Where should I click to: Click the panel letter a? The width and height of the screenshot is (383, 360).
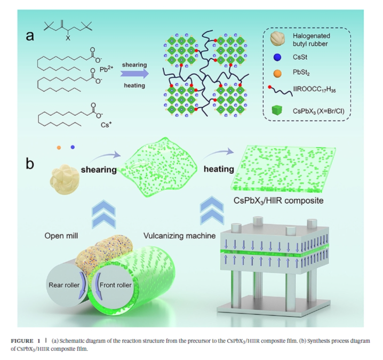click(30, 36)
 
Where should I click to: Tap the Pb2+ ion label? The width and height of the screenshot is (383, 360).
click(107, 69)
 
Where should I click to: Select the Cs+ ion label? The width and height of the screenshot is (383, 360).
click(106, 125)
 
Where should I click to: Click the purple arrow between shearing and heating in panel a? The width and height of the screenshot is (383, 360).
click(134, 74)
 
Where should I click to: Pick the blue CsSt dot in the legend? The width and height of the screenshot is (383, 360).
click(277, 57)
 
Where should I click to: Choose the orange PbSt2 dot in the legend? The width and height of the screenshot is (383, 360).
click(277, 73)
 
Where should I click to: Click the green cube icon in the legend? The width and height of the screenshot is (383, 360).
click(277, 110)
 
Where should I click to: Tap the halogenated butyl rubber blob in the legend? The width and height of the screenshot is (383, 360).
click(277, 39)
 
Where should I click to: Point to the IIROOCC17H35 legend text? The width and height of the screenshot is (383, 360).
click(315, 90)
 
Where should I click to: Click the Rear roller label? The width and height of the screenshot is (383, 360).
click(64, 285)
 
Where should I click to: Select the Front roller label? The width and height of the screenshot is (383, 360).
click(116, 285)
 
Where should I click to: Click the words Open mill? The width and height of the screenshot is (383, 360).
click(61, 236)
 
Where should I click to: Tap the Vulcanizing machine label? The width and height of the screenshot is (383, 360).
click(180, 236)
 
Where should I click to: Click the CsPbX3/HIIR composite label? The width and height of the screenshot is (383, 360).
click(278, 201)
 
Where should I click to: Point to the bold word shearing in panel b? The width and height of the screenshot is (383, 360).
click(99, 170)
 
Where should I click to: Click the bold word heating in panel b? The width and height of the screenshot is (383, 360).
click(219, 169)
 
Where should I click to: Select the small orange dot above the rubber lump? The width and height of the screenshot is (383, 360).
click(59, 148)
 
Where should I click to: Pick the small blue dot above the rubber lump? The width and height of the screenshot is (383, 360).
click(73, 147)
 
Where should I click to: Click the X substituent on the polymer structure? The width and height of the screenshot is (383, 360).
click(68, 38)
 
